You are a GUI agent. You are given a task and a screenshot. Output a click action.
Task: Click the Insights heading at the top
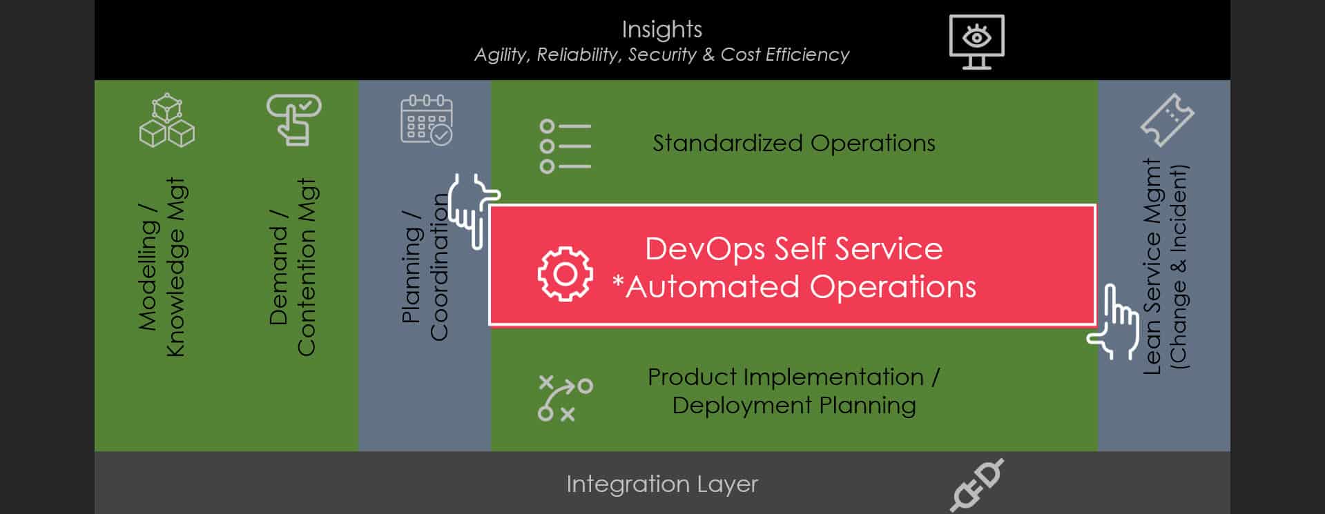661,30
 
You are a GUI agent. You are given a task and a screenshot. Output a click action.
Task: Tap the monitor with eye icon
976,41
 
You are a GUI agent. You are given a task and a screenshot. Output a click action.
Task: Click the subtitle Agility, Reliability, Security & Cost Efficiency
661,55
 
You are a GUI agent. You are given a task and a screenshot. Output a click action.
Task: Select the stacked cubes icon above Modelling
167,121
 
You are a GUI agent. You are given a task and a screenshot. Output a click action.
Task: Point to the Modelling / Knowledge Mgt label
162,268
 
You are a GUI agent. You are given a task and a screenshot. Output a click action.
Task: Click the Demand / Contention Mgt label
292,268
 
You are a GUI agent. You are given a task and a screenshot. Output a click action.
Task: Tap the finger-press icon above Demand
293,119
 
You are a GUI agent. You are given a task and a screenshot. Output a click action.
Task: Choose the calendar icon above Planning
427,120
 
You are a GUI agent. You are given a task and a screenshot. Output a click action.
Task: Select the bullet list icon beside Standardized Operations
565,146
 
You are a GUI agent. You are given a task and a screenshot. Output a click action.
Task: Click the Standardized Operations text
794,144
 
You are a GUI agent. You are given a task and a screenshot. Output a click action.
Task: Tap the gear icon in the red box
565,274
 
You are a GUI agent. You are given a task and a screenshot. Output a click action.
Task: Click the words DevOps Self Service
793,249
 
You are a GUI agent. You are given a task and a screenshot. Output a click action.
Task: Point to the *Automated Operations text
794,287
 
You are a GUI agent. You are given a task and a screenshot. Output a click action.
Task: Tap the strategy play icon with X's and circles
565,398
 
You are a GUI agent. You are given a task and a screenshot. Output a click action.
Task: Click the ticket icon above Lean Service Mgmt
1167,120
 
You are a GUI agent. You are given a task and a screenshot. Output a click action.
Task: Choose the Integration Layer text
661,484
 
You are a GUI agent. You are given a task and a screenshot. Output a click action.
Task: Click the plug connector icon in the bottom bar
976,485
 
